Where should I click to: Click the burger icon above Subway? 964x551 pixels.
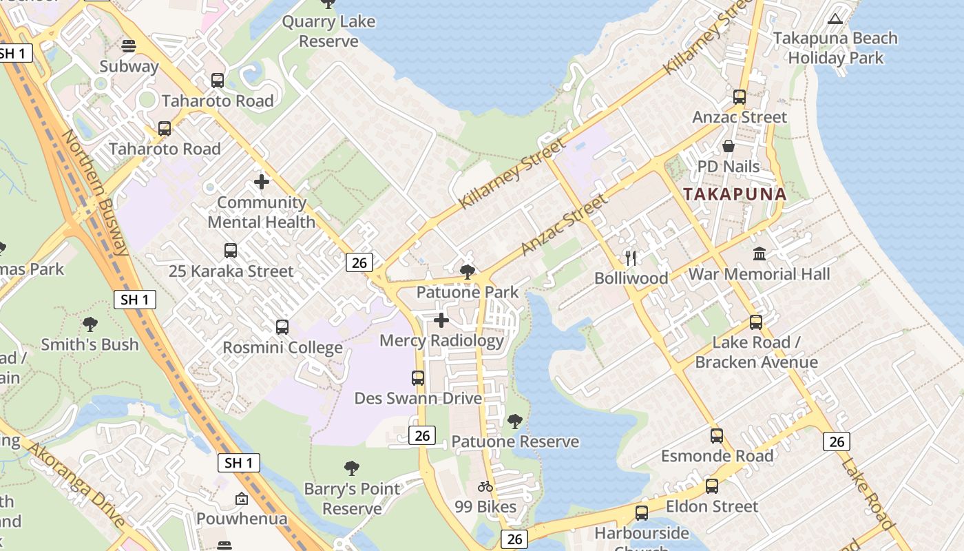coord(129,46)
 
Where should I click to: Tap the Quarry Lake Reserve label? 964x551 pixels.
coord(329,31)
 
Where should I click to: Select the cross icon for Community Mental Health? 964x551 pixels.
coord(262,182)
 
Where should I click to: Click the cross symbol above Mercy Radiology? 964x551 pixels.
coord(441,320)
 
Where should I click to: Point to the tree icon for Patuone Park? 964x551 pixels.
coord(468,271)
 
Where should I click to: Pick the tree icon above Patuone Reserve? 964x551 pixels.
coord(514,421)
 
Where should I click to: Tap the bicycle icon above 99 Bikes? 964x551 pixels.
coord(485,486)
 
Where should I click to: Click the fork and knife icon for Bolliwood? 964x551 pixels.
coord(631,258)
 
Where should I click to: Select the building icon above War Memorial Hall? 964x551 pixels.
coord(759,253)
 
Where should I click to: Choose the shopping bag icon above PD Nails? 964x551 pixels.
coord(729,146)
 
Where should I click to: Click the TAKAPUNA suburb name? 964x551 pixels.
coord(735,194)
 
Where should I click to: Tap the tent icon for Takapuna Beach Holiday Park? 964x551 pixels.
coord(835,19)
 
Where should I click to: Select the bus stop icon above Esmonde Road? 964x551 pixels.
coord(717,435)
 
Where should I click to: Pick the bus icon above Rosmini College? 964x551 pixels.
coord(282,327)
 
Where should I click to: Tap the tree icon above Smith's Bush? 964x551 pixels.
coord(90,324)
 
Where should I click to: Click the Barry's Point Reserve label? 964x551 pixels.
coord(352,499)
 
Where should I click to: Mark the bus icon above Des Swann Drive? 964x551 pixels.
coord(418,377)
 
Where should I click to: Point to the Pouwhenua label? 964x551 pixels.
coord(242,519)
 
